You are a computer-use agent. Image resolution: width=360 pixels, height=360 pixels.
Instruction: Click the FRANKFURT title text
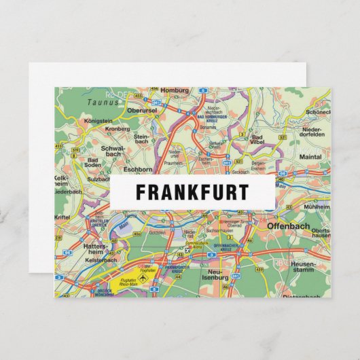[x=192, y=192]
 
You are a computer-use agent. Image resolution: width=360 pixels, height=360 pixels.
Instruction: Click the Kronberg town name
[x=117, y=128]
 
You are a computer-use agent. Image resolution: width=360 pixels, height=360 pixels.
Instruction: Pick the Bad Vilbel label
[x=257, y=140]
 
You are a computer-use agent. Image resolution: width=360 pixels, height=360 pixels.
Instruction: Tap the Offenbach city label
[x=288, y=226]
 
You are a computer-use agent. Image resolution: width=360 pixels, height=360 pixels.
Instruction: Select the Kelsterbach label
[x=101, y=259]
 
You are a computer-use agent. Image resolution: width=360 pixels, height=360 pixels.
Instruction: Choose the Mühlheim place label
[x=317, y=206]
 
